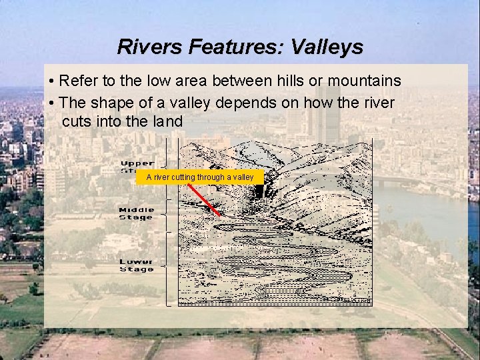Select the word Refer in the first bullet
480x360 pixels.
(77, 81)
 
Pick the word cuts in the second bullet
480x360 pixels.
(75, 123)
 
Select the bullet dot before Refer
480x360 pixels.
(51, 82)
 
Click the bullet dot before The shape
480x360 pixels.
(51, 104)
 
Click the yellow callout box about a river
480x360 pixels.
(200, 177)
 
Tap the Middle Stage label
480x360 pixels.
(136, 213)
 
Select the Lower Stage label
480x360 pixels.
(136, 265)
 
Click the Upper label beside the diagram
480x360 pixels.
(137, 163)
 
